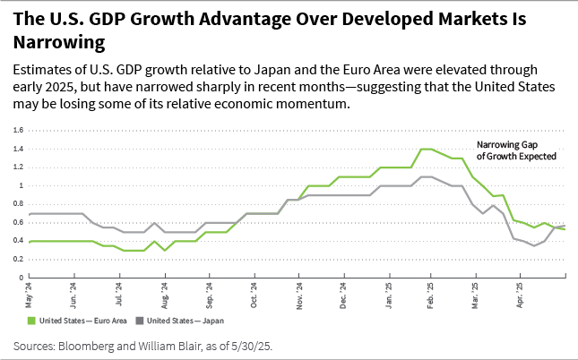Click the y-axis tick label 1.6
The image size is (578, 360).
click(19, 130)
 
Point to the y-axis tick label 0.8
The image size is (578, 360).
click(19, 203)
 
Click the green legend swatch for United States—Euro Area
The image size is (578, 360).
click(32, 320)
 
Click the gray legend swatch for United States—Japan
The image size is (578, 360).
click(139, 320)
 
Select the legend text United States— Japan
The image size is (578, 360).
click(184, 320)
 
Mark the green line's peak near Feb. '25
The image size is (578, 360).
click(426, 149)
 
